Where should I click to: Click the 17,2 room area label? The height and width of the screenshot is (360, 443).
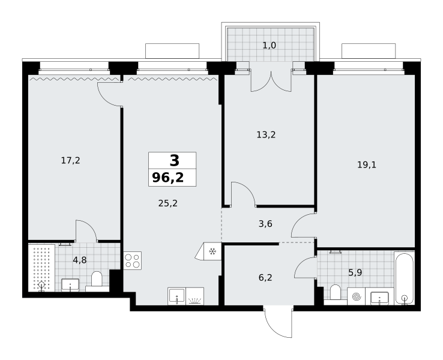[71, 161]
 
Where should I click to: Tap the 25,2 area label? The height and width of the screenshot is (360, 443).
[168, 203]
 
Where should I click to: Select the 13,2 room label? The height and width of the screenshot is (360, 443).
[266, 134]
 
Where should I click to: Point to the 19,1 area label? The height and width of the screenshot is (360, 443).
[367, 164]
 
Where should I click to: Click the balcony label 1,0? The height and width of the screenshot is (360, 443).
[270, 45]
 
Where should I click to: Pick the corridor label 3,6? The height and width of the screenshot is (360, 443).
[265, 224]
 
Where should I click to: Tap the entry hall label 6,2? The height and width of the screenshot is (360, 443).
[265, 278]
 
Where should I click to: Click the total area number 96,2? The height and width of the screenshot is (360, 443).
[168, 178]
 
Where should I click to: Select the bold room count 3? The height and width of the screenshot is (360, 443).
[174, 160]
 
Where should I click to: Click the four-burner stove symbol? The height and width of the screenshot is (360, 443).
[133, 260]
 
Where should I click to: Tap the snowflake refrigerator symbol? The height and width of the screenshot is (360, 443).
[212, 251]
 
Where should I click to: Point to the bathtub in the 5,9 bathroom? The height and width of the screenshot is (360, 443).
[405, 278]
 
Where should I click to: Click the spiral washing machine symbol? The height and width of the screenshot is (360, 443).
[356, 296]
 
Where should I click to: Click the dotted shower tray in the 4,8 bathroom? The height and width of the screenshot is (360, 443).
[41, 268]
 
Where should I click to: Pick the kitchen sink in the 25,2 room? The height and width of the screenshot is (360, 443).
[176, 296]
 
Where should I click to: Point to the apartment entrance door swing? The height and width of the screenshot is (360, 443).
[279, 322]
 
